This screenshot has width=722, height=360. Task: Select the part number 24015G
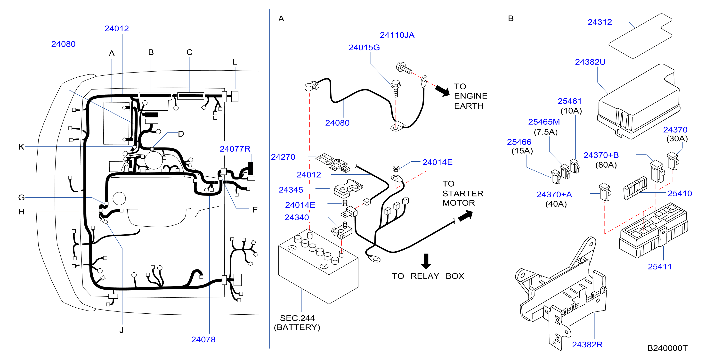click(364, 48)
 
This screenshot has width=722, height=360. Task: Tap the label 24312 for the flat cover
click(600, 22)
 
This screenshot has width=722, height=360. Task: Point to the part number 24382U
click(590, 62)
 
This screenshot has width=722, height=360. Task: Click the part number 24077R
click(235, 149)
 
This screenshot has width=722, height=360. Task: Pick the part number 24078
click(203, 340)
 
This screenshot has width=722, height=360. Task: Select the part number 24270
click(283, 157)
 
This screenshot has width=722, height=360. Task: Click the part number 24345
click(291, 190)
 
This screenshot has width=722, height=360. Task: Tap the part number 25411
click(660, 267)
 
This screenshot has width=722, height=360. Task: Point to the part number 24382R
click(587, 344)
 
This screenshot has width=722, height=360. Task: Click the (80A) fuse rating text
click(606, 165)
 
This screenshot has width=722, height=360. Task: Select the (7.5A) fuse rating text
click(546, 132)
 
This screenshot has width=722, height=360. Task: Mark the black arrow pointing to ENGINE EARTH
click(442, 90)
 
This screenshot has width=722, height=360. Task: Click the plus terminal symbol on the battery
click(324, 266)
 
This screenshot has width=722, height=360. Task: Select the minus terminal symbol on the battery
click(292, 248)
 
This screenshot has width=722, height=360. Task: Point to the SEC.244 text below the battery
click(297, 318)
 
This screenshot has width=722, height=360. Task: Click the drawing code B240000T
click(667, 348)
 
